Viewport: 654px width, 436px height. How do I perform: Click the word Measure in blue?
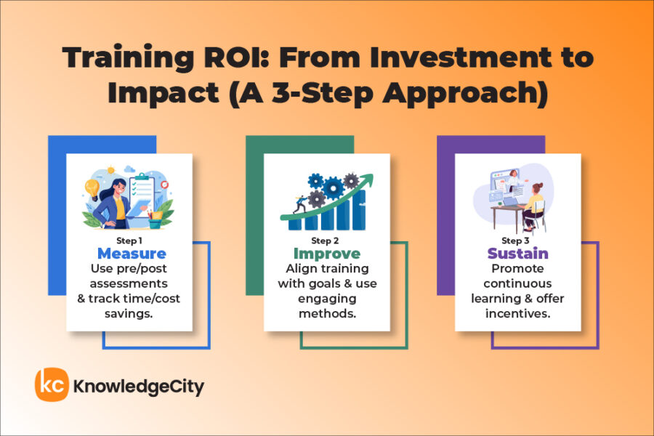click(132, 254)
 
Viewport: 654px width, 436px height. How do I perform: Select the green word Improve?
click(326, 254)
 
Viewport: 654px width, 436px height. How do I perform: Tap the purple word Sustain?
click(517, 254)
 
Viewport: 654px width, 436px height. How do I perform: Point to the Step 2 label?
click(326, 240)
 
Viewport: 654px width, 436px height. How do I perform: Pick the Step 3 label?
click(517, 240)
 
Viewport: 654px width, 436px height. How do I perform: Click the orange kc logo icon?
click(52, 385)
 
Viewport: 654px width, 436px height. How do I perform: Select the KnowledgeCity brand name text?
click(138, 387)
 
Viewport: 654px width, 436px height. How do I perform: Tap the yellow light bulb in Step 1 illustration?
click(92, 186)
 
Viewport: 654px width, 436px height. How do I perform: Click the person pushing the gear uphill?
click(299, 206)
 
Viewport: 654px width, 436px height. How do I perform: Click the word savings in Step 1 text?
click(132, 313)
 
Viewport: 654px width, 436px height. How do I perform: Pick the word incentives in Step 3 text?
click(517, 313)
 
